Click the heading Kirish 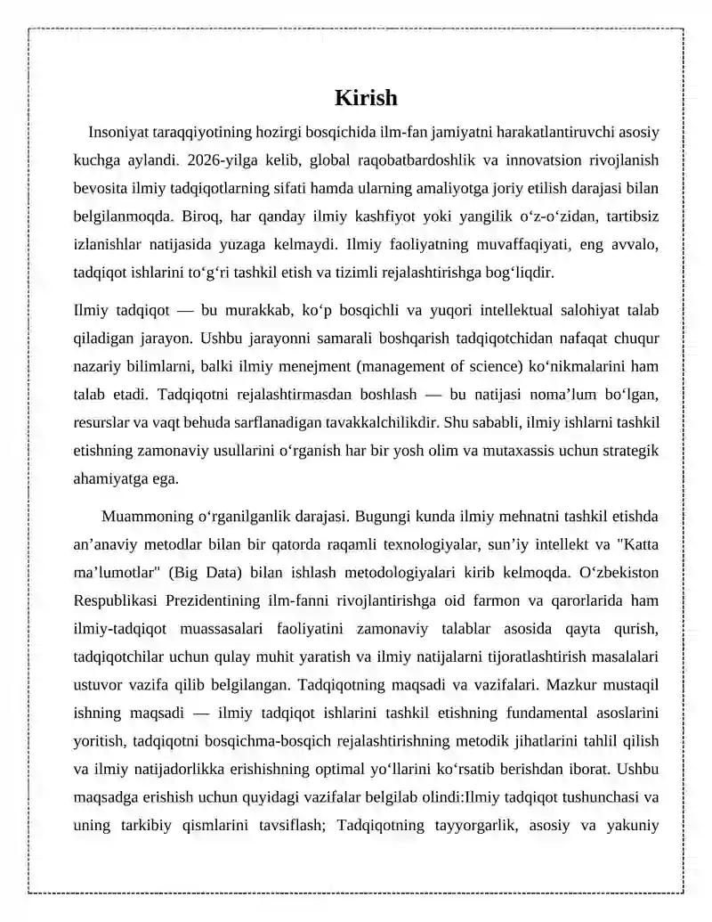pyautogui.click(x=366, y=97)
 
